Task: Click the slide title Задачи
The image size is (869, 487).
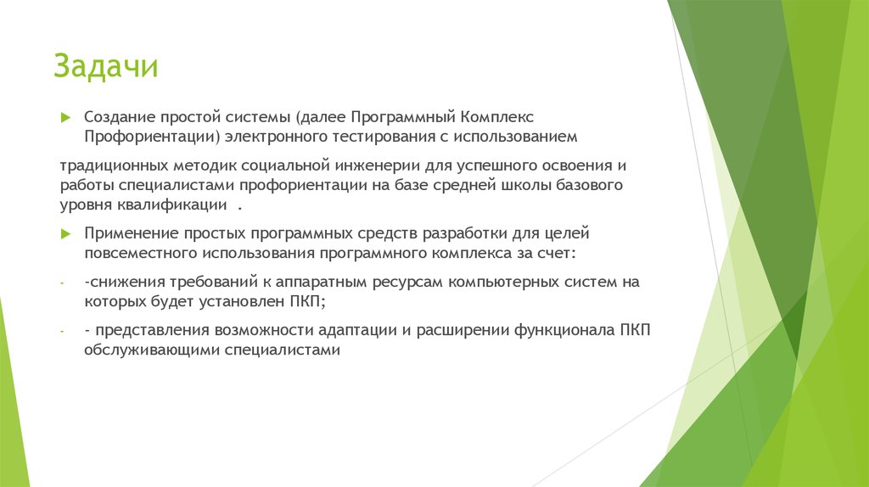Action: point(105,65)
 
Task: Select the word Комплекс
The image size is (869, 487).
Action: point(498,115)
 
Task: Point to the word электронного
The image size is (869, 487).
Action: point(278,136)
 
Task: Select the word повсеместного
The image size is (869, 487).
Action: point(141,253)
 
